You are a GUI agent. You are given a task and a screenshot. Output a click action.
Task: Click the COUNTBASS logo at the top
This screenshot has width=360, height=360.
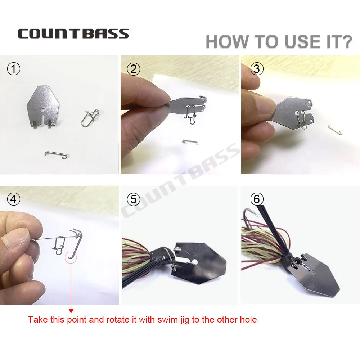pyautogui.click(x=73, y=33)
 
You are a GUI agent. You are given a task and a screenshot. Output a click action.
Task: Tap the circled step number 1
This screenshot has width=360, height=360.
pyautogui.click(x=14, y=69)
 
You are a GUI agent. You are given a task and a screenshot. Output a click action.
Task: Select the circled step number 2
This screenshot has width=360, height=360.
pyautogui.click(x=134, y=69)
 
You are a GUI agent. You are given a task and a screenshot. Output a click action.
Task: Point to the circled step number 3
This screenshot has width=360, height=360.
pyautogui.click(x=257, y=69)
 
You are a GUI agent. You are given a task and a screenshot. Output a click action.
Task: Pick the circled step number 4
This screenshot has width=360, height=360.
pyautogui.click(x=14, y=199)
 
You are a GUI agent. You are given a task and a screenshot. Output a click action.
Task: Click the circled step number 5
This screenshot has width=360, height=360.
pyautogui.click(x=134, y=199)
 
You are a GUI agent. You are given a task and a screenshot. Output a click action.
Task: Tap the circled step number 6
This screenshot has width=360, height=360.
pyautogui.click(x=257, y=199)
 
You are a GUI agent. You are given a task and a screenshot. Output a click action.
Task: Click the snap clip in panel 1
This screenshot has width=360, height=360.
pyautogui.click(x=90, y=118)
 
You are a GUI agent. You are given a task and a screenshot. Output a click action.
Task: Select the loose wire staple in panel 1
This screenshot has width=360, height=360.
pyautogui.click(x=56, y=154)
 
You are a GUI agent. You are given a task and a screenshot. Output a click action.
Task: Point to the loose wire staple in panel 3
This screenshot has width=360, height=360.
pyautogui.click(x=335, y=129)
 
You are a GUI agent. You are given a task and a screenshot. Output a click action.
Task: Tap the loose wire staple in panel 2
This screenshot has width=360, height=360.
pyautogui.click(x=190, y=141)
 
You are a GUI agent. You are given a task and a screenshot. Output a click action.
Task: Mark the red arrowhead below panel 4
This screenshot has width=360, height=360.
pyautogui.click(x=71, y=311)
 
